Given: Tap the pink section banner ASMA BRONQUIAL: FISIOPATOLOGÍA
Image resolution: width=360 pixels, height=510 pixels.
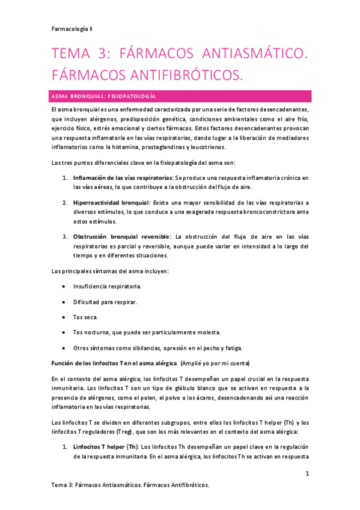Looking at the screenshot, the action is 179,96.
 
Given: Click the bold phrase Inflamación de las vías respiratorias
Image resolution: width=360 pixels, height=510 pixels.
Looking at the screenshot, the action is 123,178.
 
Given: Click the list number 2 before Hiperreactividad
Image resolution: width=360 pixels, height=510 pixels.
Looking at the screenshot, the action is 65,203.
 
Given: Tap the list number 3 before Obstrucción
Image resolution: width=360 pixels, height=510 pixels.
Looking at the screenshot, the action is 65,236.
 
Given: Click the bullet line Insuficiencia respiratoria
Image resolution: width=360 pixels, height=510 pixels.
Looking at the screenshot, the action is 107,286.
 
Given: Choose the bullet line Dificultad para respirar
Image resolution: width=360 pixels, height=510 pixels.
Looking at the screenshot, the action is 105,301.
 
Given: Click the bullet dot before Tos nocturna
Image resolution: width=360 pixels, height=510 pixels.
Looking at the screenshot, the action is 64,333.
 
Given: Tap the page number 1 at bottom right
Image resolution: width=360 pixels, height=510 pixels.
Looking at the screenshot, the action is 307,473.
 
